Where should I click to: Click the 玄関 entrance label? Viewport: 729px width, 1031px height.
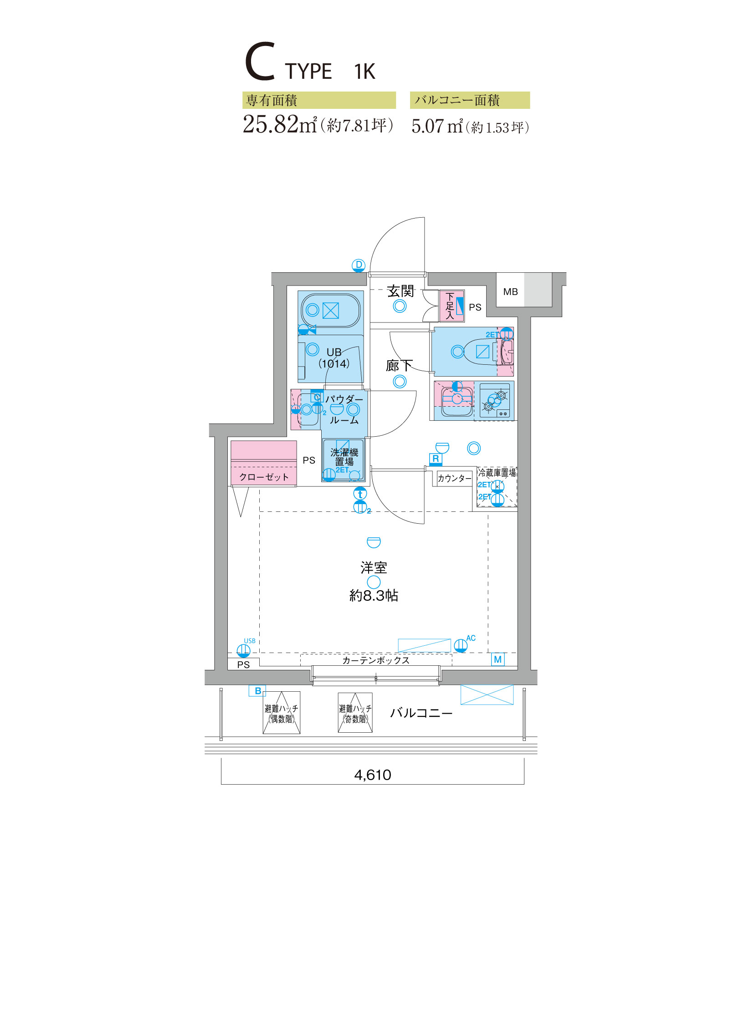400,291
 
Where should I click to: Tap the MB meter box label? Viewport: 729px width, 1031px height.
510,292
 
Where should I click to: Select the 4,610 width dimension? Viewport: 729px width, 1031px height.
373,775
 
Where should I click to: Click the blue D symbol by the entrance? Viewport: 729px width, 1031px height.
359,265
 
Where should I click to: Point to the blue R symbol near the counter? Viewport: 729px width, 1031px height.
436,459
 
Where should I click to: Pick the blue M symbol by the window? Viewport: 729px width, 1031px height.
498,659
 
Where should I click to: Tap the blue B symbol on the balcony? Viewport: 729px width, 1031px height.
257,691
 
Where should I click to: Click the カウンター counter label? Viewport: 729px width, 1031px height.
454,478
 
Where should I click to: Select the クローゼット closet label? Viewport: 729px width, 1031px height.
264,477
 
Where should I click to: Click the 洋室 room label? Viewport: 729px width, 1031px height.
374,567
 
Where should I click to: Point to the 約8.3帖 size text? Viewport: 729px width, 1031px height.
374,595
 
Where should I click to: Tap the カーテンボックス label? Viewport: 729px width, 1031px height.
376,660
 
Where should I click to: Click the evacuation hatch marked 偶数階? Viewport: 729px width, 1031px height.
282,713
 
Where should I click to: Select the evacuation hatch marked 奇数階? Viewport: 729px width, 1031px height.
355,713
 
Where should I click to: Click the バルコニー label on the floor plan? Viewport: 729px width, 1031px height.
421,713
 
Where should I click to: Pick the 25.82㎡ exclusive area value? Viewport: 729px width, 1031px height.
280,124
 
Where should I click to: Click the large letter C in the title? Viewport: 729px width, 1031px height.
260,61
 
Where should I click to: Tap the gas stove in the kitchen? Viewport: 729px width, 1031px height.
494,401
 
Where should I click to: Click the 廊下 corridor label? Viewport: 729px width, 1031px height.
399,365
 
